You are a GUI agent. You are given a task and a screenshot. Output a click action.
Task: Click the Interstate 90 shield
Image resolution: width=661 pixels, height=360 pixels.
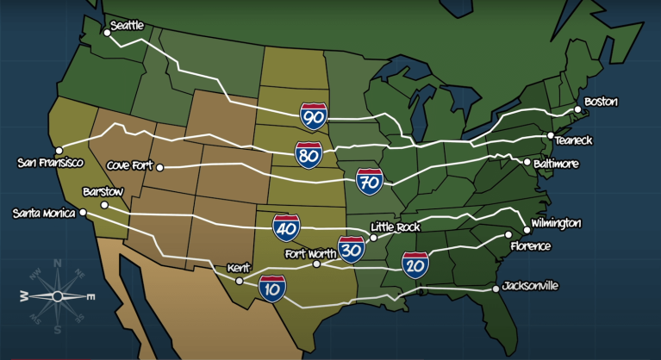pos(314,115)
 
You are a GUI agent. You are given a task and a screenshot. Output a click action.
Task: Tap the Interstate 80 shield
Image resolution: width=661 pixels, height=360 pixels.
pos(309,156)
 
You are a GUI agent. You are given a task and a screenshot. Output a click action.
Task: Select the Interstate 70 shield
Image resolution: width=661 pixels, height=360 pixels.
pos(369,182)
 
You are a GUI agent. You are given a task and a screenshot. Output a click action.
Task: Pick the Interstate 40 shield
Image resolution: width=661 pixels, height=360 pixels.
pos(286,227)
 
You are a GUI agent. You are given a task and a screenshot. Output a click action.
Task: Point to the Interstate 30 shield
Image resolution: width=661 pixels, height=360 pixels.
pos(351,250)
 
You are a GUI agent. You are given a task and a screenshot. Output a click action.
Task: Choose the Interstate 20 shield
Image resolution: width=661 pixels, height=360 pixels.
pos(415,265)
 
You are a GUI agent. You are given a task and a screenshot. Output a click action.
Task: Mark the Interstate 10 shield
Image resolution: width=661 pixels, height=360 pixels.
pos(272,289)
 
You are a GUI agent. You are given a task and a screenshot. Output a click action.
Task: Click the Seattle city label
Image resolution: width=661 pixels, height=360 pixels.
pos(127,27)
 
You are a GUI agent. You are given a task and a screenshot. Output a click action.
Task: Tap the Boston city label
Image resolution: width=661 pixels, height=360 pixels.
pos(601,102)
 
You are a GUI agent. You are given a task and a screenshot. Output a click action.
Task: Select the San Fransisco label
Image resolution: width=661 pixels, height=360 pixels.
pos(49,162)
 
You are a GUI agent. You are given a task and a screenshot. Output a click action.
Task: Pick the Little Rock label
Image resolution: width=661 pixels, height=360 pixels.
pos(394,227)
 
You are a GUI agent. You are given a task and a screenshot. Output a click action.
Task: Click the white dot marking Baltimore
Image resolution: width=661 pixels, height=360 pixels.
pos(527,162)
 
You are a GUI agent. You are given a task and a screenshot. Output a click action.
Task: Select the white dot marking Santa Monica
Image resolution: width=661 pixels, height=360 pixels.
pos(83,212)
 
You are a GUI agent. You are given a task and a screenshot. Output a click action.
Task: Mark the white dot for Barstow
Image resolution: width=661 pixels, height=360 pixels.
pos(104,205)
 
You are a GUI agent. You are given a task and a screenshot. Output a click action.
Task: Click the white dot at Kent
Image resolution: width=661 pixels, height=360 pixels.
pos(240,281)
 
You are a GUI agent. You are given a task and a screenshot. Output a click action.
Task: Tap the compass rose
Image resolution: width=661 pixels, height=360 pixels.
pos(57,295)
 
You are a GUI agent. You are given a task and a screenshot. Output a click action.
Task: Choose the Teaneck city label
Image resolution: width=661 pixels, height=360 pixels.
pos(575,140)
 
